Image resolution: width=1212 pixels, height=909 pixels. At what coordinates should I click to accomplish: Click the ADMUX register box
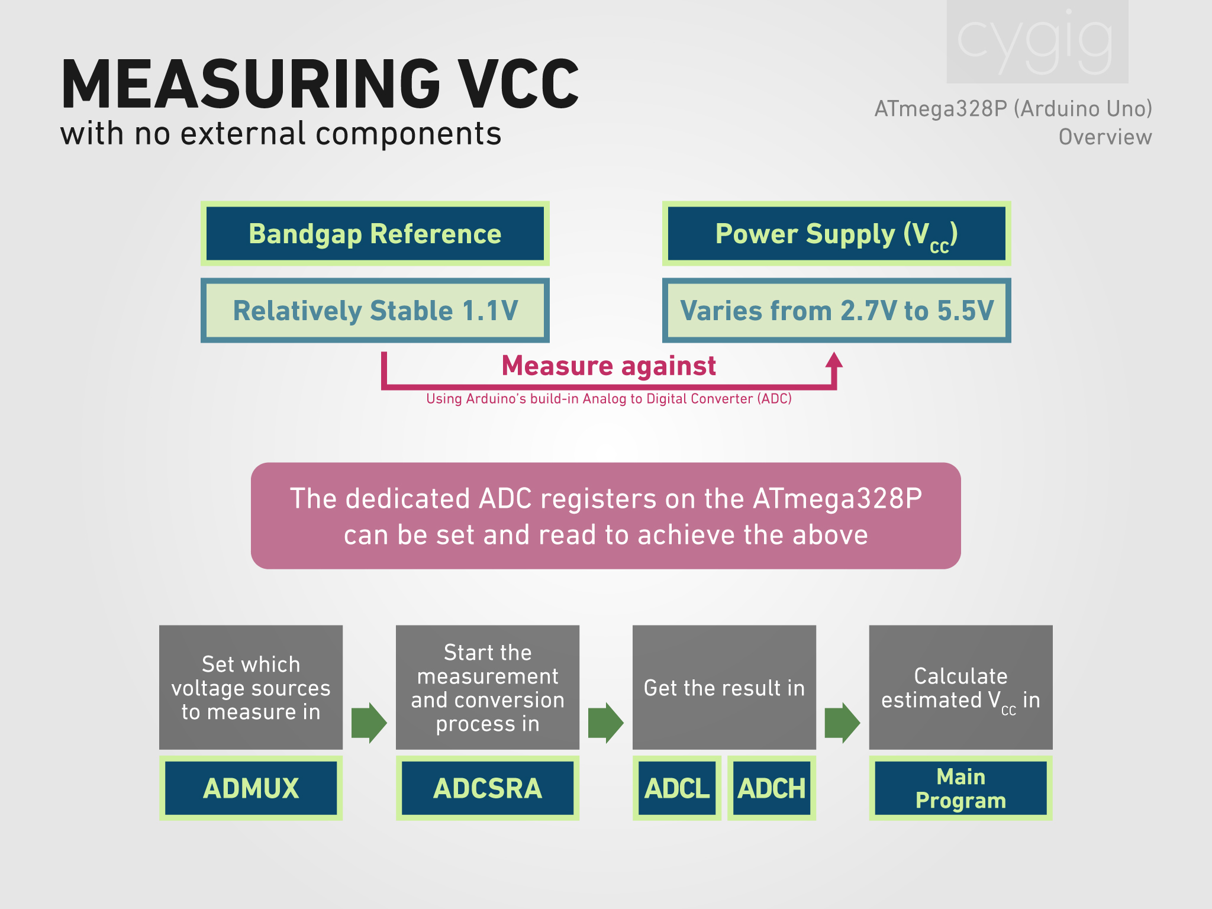pos(251,788)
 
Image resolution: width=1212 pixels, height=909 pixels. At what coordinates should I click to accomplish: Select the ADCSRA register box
pos(488,788)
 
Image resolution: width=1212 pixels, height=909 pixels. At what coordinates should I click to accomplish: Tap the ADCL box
pos(677,788)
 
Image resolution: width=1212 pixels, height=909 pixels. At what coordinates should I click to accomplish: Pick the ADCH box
pos(772,788)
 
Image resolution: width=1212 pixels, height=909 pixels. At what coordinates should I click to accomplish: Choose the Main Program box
pos(960,788)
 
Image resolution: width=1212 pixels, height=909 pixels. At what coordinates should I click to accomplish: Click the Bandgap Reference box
pos(375,234)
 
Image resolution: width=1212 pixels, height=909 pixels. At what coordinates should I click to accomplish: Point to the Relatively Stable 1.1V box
pos(375,311)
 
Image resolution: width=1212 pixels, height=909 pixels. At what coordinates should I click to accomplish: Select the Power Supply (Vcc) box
pos(836,234)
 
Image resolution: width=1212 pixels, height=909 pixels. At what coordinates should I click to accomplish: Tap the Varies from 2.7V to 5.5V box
pos(836,311)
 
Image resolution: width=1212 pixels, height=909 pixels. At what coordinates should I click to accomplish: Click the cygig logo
pos(1037,41)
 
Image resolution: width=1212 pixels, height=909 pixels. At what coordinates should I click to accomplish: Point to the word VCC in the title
pos(520,85)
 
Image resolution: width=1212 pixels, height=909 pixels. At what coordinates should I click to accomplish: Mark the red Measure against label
pos(608,366)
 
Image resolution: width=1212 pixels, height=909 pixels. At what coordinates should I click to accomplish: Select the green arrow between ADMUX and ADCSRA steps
pos(369,723)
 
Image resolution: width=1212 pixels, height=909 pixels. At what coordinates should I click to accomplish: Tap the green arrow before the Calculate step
pos(842,723)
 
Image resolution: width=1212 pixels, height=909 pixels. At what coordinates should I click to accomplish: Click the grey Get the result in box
pos(724,687)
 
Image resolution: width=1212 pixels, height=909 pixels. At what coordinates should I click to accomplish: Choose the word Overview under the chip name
pos(1105,137)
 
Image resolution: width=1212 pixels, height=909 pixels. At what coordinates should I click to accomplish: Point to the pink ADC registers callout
pos(605,516)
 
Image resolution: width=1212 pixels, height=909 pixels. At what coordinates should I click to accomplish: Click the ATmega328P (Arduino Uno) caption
pos(1013,109)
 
